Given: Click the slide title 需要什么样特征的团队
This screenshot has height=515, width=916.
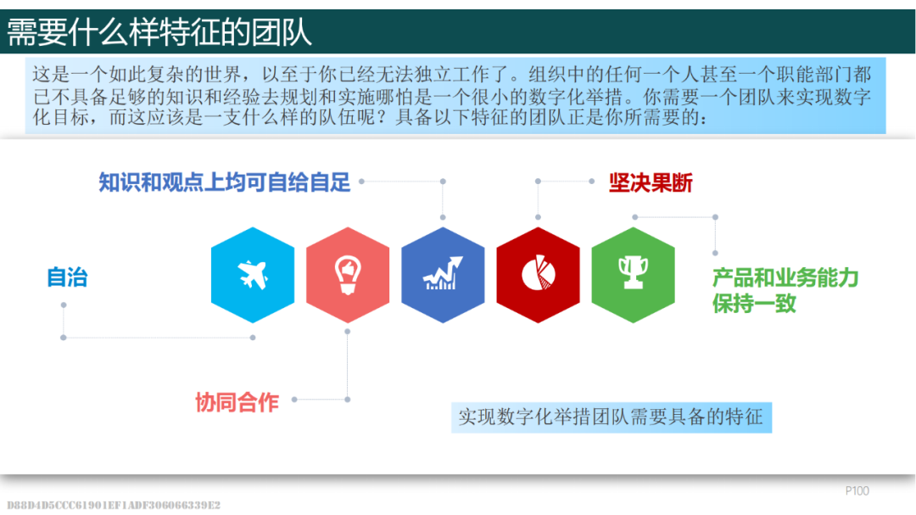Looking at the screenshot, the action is tap(159, 31).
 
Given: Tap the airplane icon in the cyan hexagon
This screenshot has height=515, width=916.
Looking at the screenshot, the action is tap(253, 274).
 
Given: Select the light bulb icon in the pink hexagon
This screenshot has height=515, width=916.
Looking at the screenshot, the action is tap(348, 274).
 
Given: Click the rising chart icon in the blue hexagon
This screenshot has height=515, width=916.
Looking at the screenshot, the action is tap(443, 273).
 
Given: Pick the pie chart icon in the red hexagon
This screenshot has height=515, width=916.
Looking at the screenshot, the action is tap(538, 272).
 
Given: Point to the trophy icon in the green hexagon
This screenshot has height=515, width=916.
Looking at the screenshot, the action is tap(634, 272).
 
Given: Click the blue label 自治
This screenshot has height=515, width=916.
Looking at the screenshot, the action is tap(67, 277).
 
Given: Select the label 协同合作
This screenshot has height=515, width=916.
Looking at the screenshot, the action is tap(237, 402).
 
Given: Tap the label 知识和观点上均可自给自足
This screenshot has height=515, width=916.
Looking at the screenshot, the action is tap(224, 182).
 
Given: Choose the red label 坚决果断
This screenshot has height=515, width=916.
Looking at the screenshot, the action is tap(651, 183).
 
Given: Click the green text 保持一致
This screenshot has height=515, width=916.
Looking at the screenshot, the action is tap(754, 304).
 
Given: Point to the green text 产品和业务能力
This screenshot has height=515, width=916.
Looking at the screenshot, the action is tap(785, 277).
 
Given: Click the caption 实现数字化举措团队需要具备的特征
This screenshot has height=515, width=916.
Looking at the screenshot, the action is tap(611, 417).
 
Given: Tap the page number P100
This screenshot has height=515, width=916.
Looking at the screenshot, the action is tap(857, 491).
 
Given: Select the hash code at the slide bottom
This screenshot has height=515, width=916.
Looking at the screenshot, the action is tap(114, 505).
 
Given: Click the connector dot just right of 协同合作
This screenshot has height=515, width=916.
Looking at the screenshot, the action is tap(294, 400).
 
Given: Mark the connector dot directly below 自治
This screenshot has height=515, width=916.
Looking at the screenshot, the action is tap(64, 305).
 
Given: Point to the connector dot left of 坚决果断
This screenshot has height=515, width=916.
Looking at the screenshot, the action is tap(592, 182).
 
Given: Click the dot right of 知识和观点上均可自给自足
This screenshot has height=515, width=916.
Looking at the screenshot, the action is tap(361, 182).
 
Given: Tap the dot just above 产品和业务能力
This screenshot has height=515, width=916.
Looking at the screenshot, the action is tap(715, 253).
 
